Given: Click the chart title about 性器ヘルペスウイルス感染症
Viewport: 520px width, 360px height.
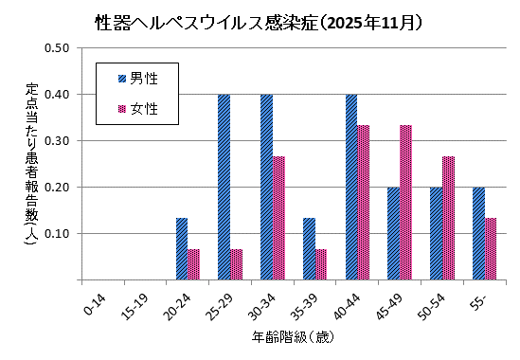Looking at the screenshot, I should (x=260, y=20).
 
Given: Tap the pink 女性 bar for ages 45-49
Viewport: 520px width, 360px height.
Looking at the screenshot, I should (x=406, y=203).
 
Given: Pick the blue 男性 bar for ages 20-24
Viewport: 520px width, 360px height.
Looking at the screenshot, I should (x=182, y=249).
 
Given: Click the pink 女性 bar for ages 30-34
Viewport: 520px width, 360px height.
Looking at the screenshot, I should (x=278, y=218).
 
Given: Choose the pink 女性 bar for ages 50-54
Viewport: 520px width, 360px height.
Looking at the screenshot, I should (x=449, y=218).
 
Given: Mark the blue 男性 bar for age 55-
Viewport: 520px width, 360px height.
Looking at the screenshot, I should (x=479, y=233).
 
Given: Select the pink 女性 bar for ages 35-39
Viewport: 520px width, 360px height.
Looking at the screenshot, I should (x=321, y=264).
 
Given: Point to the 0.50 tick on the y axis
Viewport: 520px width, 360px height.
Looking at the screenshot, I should (x=58, y=47).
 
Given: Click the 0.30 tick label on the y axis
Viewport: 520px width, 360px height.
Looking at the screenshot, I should (x=58, y=140).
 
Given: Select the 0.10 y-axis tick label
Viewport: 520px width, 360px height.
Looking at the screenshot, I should (x=58, y=233).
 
